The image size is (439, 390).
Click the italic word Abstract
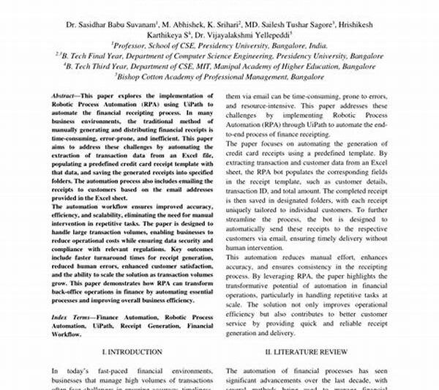[x=65, y=96]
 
